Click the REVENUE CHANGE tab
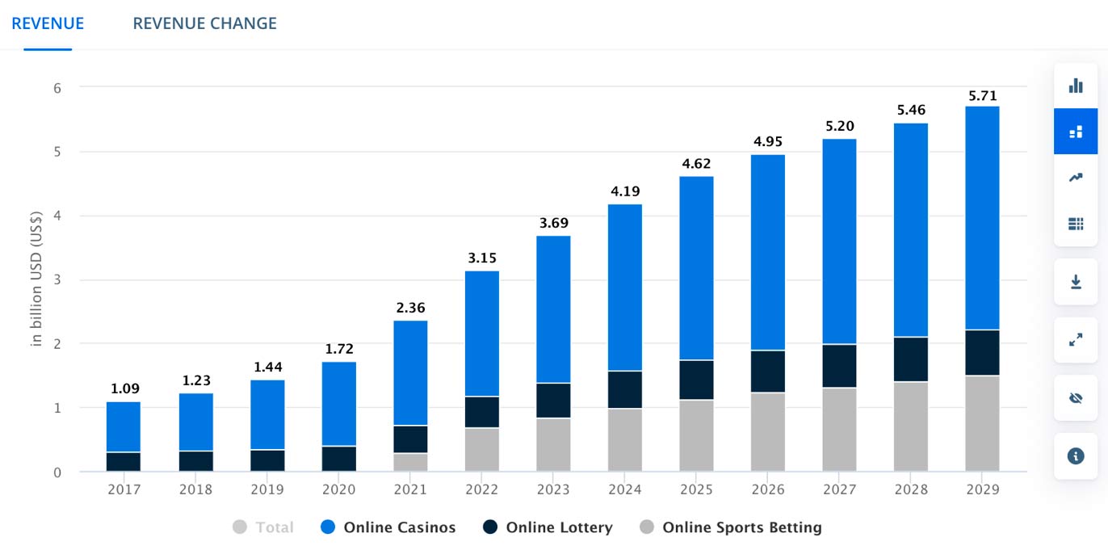coord(204,23)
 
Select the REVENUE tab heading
coord(48,23)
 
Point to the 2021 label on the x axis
coord(410,489)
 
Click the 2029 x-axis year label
coord(982,489)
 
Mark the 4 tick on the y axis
coord(57,216)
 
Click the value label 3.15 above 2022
coord(481,258)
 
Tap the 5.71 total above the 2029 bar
coord(982,95)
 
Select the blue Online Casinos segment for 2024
coord(625,287)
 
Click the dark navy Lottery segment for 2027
coord(839,366)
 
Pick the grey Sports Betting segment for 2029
coord(982,423)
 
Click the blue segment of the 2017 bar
coord(124,426)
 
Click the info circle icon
coord(1076,456)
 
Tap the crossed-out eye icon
coord(1076,398)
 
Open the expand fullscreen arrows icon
coord(1076,340)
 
